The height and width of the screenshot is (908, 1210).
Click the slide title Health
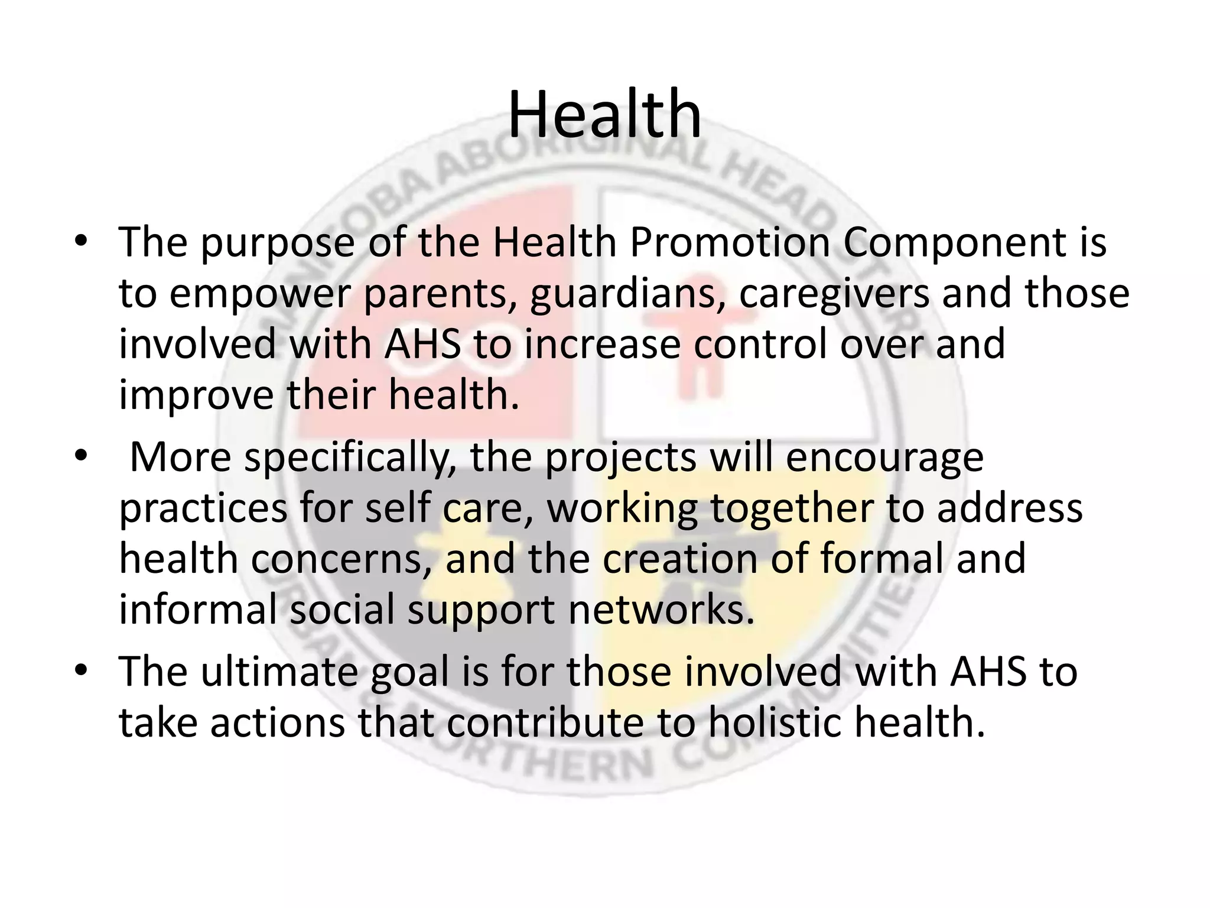click(604, 113)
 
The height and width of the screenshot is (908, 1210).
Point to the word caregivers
click(833, 293)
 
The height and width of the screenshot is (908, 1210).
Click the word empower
click(259, 293)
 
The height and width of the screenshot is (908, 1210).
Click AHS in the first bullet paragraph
click(422, 344)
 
